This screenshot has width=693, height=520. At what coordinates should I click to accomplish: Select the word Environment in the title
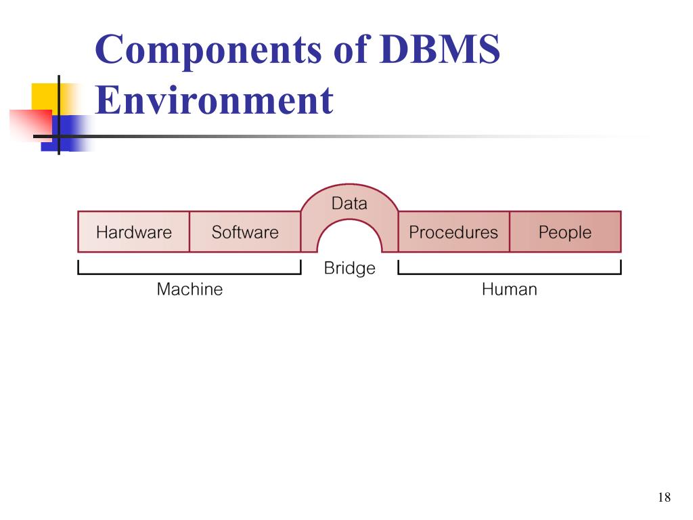[215, 100]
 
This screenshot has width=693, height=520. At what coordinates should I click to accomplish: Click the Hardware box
[133, 232]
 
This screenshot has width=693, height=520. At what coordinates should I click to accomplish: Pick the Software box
[245, 232]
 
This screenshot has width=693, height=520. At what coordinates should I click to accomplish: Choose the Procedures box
[453, 232]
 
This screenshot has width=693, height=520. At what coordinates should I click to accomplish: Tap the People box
[565, 232]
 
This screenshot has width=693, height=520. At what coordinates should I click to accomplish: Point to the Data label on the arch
[349, 203]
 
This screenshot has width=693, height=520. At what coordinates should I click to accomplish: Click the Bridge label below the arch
[349, 268]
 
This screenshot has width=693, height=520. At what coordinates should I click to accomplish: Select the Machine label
[189, 290]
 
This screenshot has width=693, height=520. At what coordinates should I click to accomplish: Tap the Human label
[510, 290]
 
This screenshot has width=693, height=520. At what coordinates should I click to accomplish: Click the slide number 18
[664, 498]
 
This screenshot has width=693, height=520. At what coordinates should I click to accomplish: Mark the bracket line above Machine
[189, 274]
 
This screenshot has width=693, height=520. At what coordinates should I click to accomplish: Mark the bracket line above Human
[510, 274]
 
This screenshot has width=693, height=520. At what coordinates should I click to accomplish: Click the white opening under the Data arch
[349, 240]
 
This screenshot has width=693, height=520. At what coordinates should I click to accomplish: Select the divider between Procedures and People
[510, 232]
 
